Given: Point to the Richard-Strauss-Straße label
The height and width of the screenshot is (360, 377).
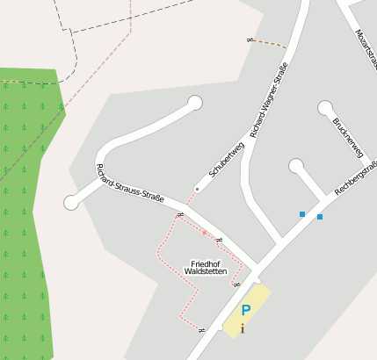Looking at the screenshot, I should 130,185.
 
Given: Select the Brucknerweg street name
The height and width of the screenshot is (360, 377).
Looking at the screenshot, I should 347,137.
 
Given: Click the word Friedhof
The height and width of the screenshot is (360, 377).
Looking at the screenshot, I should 205,263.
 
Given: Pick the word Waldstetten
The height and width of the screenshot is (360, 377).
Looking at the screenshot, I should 205,272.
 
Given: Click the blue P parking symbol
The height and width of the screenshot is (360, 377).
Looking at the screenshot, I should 246,310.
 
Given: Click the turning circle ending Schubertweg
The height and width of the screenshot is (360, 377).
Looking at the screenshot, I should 195,104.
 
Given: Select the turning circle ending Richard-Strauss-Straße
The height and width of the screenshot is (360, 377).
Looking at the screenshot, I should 71,203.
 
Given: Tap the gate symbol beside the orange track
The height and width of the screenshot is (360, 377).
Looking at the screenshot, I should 250,40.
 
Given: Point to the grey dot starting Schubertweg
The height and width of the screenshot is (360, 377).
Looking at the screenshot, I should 197,189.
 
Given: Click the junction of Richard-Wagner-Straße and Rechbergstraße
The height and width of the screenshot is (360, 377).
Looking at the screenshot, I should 279,241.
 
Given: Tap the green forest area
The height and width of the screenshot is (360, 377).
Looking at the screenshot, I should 26,220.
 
